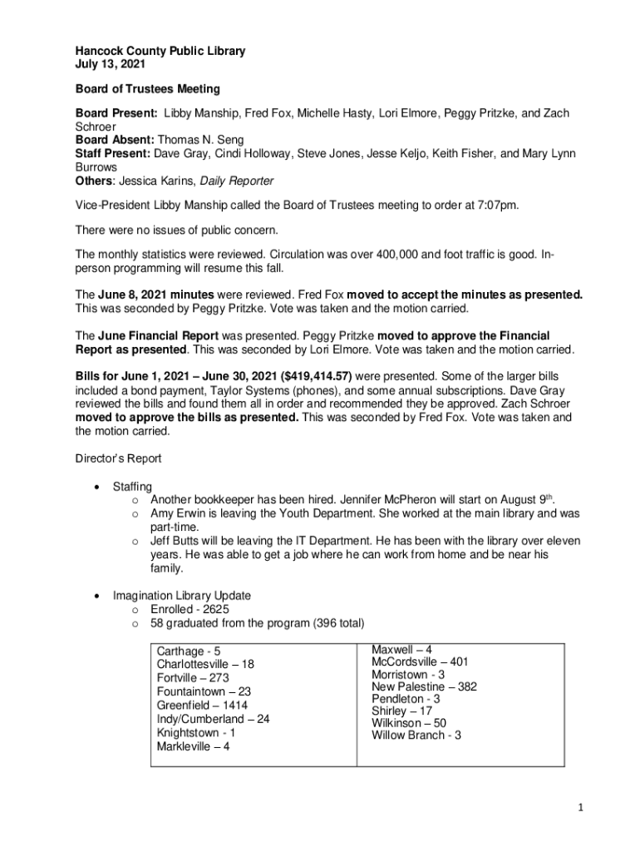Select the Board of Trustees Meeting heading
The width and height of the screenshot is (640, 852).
click(148, 89)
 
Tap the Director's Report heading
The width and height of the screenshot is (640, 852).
click(118, 458)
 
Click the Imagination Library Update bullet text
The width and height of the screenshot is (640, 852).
click(182, 596)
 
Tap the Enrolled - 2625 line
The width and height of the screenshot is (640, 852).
click(190, 609)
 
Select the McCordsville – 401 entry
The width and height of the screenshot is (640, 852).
click(420, 662)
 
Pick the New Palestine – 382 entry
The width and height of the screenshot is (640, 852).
click(424, 687)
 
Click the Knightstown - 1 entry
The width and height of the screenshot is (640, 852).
click(196, 733)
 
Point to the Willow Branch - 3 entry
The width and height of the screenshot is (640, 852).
click(416, 736)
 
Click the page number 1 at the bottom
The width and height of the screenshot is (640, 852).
click(583, 808)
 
